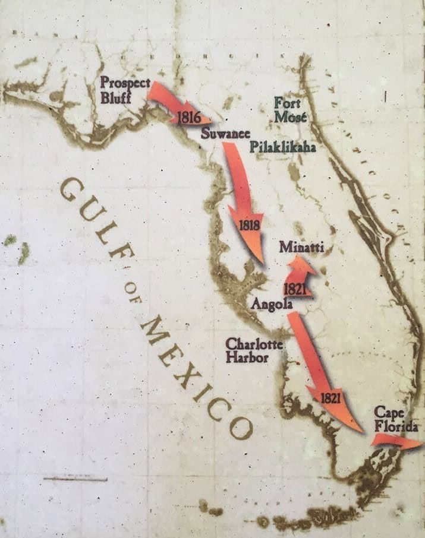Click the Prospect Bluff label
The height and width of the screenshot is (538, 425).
(x=125, y=90)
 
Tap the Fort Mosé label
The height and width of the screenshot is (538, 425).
(x=291, y=110)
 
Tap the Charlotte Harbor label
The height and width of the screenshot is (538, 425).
(x=246, y=351)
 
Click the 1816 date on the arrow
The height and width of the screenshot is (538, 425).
(x=188, y=118)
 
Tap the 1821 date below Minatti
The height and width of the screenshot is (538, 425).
(x=295, y=289)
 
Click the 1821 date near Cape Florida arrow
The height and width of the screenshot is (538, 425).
(x=330, y=398)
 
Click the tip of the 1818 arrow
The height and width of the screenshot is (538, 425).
(x=263, y=262)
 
